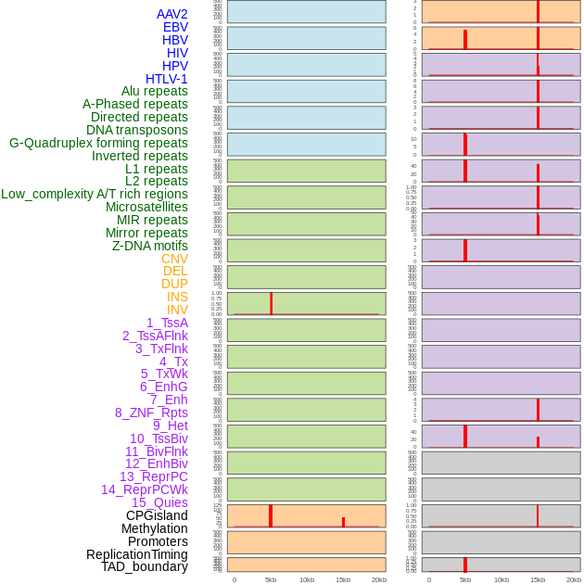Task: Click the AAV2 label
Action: [x=171, y=14]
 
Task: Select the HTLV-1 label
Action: [x=166, y=79]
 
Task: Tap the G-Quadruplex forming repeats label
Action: [x=98, y=143]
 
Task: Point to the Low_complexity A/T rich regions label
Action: [x=95, y=194]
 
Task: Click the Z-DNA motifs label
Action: [x=149, y=246]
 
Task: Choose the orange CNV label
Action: [x=174, y=259]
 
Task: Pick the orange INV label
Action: [x=177, y=310]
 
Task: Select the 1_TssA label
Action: [x=167, y=323]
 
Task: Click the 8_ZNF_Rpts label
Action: [x=151, y=413]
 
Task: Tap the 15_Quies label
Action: [x=159, y=502]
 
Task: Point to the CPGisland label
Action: [x=157, y=515]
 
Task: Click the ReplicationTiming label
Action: [x=136, y=554]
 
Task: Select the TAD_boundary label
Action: [x=145, y=566]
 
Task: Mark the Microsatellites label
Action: [x=146, y=207]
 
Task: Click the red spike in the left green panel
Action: [x=271, y=303]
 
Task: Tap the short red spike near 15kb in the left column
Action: [x=343, y=522]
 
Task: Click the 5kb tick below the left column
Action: [x=271, y=579]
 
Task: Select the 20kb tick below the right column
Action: [x=574, y=579]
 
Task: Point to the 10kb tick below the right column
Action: [x=501, y=579]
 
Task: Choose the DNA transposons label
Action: [x=137, y=130]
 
